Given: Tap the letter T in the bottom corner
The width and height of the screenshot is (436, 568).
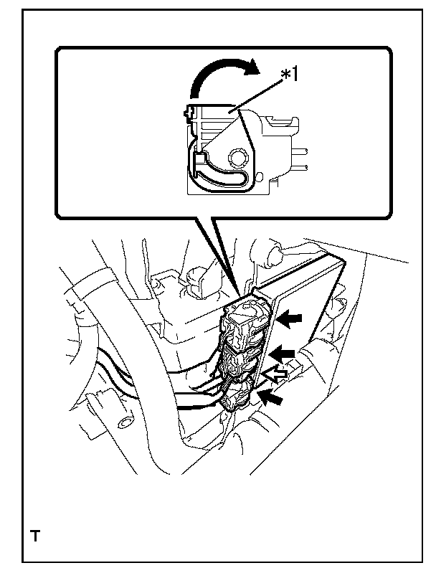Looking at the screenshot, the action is [x=34, y=535].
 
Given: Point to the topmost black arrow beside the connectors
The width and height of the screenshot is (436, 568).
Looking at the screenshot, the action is [x=290, y=318].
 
